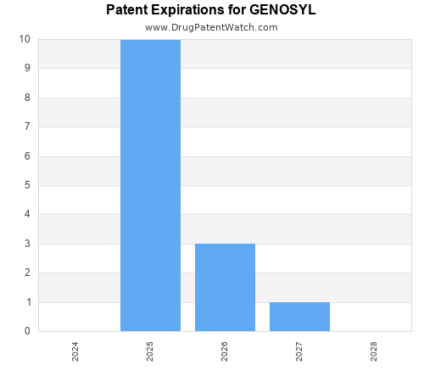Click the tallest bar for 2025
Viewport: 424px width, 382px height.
150,185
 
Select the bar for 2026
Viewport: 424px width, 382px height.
225,287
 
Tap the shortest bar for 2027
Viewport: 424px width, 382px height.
299,317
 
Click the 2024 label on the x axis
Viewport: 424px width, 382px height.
75,351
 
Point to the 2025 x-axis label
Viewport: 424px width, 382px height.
150,351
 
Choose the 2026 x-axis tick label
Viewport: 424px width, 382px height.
225,351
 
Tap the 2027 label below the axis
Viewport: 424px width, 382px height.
299,351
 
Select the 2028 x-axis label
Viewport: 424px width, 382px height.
374,351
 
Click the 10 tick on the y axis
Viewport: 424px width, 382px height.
25,39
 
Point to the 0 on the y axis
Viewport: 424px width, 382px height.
28,331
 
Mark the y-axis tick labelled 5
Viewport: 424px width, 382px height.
28,185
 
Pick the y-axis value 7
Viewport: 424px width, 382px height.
28,126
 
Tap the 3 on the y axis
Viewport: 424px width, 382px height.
28,244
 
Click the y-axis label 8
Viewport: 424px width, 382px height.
28,98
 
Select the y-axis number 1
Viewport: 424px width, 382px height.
28,302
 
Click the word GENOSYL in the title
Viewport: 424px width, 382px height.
282,10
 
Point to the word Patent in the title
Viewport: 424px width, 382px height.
128,10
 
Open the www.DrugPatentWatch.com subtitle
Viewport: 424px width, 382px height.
211,27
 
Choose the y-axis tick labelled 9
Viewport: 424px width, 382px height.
28,68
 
